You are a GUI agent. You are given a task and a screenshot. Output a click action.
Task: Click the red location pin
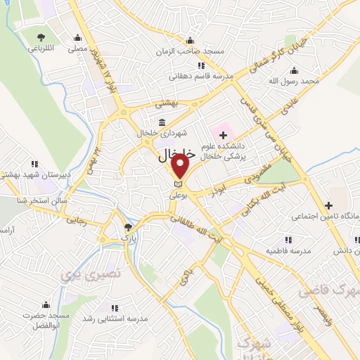[181, 167]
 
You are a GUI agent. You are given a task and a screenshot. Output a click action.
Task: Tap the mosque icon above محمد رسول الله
[292, 71]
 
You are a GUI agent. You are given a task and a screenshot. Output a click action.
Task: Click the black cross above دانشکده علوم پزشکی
[224, 134]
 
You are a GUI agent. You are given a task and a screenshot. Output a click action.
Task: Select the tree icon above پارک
[127, 227]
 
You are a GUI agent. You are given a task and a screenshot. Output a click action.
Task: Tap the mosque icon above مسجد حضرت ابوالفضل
[46, 304]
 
